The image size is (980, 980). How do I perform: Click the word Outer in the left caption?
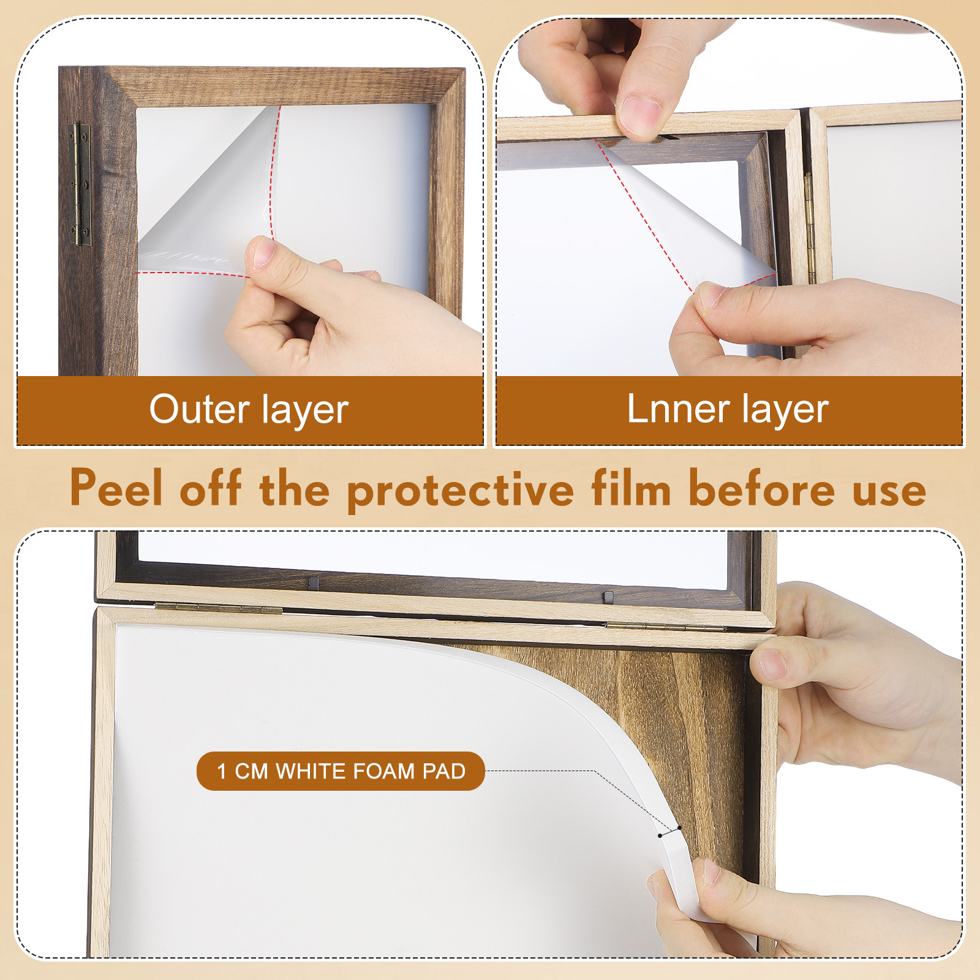[199, 409]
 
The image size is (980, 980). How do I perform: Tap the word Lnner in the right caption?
[678, 409]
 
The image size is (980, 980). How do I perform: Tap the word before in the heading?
[762, 488]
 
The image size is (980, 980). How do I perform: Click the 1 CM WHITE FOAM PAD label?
[341, 771]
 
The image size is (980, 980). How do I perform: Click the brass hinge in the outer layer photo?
[80, 184]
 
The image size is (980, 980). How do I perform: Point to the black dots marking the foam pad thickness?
[669, 832]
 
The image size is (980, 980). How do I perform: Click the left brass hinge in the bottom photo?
[218, 608]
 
